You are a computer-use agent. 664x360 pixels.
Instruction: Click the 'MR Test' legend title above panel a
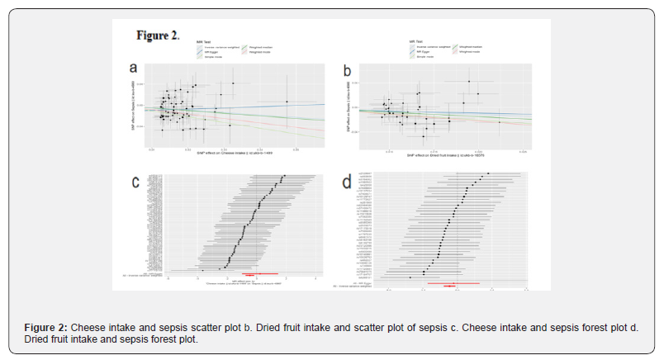(204, 40)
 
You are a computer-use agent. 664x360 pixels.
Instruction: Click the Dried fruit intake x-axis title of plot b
(445, 154)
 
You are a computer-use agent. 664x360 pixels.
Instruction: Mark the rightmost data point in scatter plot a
(287, 102)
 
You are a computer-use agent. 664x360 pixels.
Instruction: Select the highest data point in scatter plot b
(468, 81)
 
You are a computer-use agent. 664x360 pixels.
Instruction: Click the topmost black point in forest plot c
(282, 176)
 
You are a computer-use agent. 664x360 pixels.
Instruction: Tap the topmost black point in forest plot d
(488, 173)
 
